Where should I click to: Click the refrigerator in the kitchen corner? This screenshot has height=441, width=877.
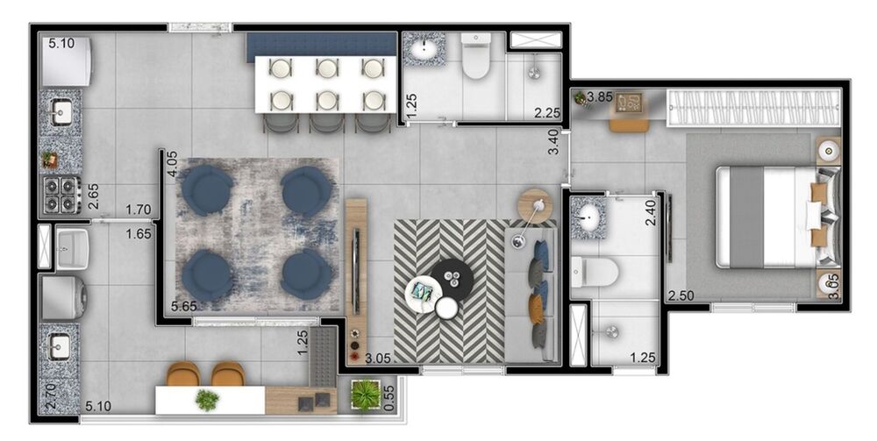66,61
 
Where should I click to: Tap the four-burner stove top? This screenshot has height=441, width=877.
61,194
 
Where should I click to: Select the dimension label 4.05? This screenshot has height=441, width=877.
172,164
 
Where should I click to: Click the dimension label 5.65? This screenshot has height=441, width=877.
184,306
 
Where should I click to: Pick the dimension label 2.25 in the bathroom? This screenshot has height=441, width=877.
546,113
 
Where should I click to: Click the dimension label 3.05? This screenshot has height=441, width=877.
377,359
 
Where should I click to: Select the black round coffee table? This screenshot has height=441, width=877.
452,277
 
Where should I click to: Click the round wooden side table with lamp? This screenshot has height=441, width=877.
535,206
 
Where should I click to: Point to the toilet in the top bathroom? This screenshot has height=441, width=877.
476,56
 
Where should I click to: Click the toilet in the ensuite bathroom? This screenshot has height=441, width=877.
594,273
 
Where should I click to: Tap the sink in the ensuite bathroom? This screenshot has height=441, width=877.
588,217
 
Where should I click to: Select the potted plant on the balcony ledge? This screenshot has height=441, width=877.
365,395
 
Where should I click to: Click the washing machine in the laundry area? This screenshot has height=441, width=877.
63,297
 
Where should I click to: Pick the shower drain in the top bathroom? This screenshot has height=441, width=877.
534,70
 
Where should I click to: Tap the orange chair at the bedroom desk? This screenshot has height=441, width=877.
629,124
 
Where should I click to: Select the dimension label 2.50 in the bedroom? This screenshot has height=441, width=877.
681,295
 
